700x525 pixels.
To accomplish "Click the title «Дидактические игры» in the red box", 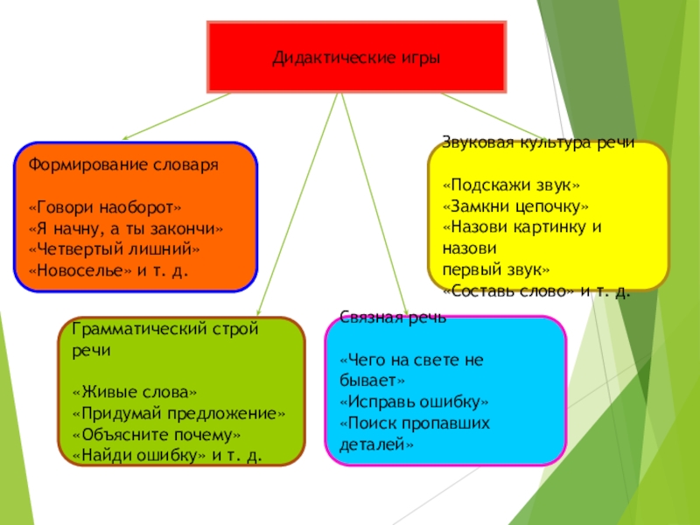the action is point(355,58).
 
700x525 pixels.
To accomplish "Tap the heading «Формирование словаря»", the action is point(123,164).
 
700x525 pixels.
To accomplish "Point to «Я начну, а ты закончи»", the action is point(126,228).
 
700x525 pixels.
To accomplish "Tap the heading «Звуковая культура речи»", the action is point(537,143).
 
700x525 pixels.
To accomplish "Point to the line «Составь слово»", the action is point(508,290).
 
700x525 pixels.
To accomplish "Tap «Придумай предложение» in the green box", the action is point(179,413).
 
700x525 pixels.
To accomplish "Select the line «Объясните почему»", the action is point(157,434).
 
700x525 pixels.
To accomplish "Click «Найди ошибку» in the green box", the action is point(138,455).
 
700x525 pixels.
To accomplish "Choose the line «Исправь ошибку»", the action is point(413,402).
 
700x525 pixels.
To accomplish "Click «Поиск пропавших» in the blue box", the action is point(414,423).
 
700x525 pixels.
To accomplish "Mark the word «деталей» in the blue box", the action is point(375,444).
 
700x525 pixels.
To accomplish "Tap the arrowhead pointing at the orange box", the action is point(125,137).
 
